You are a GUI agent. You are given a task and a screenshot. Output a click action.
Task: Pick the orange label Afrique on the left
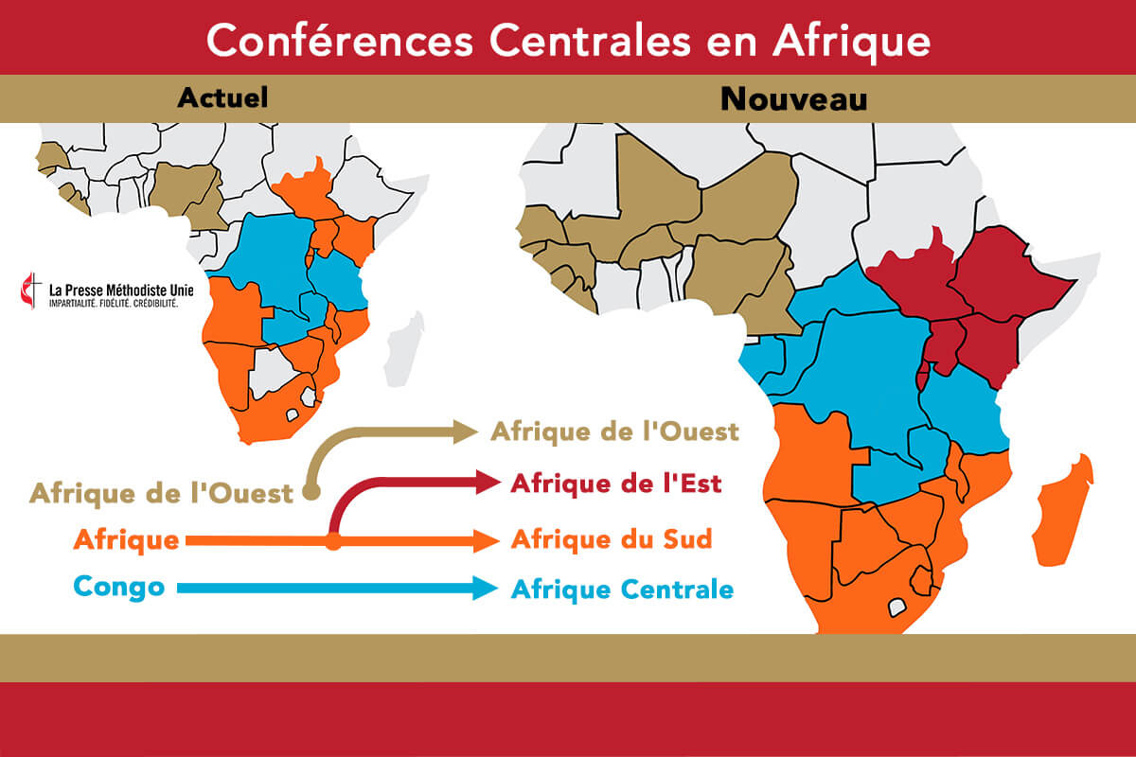[x=126, y=540]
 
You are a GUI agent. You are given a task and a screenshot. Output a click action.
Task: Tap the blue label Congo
[x=117, y=587]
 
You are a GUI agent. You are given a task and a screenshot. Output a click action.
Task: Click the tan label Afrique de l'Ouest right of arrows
[x=613, y=432]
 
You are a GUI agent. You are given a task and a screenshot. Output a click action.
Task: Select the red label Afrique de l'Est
[x=615, y=484]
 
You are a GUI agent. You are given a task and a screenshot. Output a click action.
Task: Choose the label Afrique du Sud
[x=611, y=540]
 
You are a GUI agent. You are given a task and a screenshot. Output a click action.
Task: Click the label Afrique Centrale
[x=622, y=590]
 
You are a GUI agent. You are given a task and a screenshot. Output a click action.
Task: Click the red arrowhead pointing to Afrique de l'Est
[x=488, y=483]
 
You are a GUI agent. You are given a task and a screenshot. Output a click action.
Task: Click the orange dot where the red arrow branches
[x=333, y=542]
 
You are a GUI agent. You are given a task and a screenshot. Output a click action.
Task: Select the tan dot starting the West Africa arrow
[x=311, y=492]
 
